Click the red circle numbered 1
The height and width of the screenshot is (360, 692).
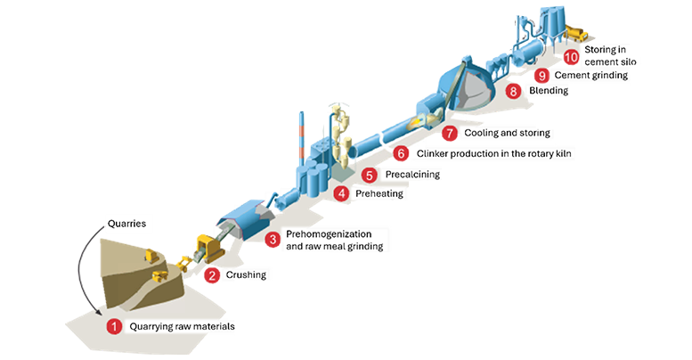114,327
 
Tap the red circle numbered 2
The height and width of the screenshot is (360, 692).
212,275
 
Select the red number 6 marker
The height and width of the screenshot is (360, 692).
401,153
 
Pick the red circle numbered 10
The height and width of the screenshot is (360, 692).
571,57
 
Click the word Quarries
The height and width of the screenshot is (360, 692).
126,224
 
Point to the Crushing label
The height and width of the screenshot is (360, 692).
246,274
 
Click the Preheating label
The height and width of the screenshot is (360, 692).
379,193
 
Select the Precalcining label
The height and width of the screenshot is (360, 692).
412,175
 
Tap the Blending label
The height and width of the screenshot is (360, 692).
549,91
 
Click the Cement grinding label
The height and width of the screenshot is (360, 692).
591,76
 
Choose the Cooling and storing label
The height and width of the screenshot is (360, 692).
507,133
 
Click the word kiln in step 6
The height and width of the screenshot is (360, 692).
562,153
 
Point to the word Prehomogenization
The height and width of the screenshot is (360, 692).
329,234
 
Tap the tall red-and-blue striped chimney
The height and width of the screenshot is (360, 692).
301,138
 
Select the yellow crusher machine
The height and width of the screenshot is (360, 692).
209,250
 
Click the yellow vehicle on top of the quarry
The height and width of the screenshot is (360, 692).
151,256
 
